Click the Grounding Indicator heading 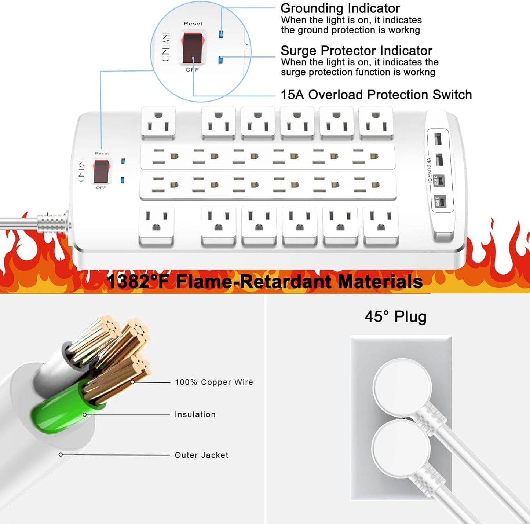[340, 8]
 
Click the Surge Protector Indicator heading [356, 51]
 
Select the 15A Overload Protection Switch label [376, 95]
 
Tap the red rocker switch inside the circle [193, 48]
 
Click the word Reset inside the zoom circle [193, 24]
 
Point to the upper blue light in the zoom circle [221, 34]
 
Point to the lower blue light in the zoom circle [220, 59]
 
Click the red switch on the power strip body [102, 171]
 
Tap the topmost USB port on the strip [438, 139]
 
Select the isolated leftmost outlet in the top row [158, 123]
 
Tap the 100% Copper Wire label [214, 382]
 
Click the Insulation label [195, 414]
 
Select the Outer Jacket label [201, 455]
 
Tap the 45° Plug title [395, 316]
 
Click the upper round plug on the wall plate [402, 387]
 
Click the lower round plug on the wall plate [401, 448]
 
